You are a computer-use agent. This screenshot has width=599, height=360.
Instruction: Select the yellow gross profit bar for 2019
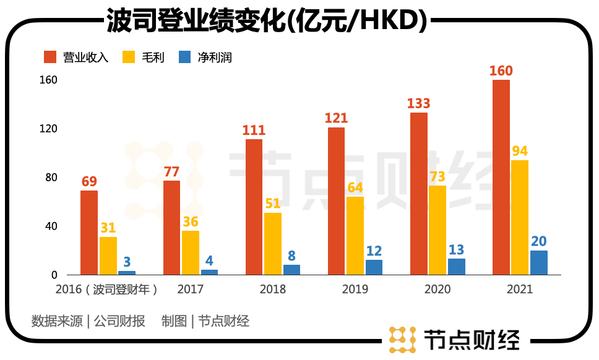(x=355, y=236)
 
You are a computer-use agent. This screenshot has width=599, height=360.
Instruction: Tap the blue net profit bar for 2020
(x=457, y=267)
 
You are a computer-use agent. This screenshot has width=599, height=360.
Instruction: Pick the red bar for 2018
(x=254, y=207)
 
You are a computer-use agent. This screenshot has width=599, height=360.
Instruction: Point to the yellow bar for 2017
(x=191, y=252)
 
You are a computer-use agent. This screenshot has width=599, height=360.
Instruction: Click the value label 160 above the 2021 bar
(x=501, y=71)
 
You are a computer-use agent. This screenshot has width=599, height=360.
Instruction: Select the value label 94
(x=520, y=151)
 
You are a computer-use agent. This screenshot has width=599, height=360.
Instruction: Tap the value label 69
(x=89, y=181)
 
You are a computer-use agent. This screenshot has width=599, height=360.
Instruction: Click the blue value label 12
(x=374, y=251)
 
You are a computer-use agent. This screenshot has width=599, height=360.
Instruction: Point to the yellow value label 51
(x=273, y=204)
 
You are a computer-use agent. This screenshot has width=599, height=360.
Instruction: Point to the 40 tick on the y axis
(x=50, y=226)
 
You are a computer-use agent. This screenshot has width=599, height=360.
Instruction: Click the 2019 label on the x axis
(x=355, y=289)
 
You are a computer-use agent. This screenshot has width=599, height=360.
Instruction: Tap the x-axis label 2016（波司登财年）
(x=106, y=289)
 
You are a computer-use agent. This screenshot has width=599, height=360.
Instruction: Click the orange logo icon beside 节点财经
(x=402, y=338)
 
